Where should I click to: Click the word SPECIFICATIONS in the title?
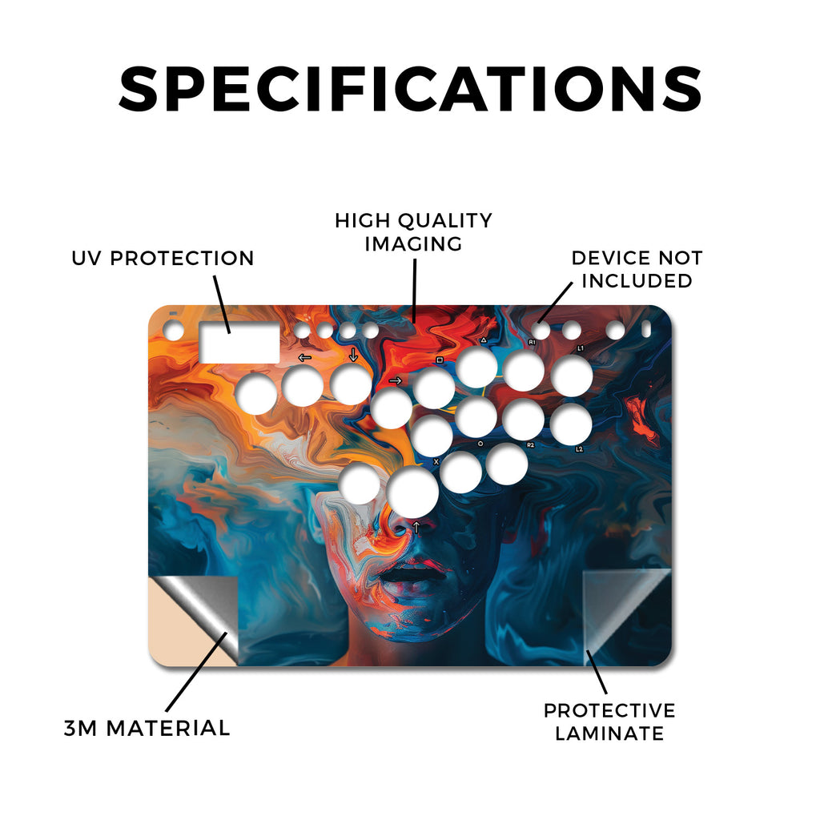point(410,89)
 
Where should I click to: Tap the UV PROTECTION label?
point(163,259)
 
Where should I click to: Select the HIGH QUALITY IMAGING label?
point(414,232)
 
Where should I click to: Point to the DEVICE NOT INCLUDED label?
point(637,269)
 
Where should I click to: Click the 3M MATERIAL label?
point(147,729)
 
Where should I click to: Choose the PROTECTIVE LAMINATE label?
point(609,722)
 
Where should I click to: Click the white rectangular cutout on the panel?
point(239,343)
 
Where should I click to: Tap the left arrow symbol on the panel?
point(304,358)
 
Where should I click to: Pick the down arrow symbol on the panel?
point(353,355)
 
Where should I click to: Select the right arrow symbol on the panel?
point(396,380)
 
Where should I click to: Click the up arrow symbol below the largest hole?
point(416,527)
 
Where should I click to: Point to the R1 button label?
point(532,342)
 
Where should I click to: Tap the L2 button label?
point(579,448)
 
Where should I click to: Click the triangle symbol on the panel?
point(484,340)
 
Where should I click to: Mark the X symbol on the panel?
point(436,462)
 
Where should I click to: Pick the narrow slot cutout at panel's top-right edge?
point(646,329)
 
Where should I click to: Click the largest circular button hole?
point(412,492)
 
